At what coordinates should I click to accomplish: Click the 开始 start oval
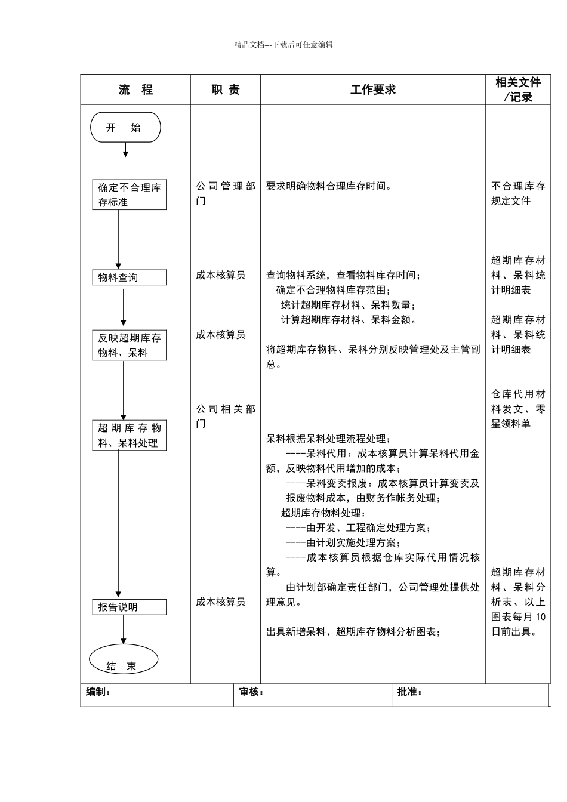pos(125,127)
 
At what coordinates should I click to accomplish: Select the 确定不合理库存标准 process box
pos(130,195)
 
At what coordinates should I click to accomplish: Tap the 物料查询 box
pos(130,277)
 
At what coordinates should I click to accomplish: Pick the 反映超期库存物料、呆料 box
pos(130,345)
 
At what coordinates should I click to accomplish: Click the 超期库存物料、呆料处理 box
pos(130,435)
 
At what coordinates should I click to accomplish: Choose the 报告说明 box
pos(130,607)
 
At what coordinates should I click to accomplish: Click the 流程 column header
pos(135,90)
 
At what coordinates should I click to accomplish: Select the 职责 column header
pos(226,90)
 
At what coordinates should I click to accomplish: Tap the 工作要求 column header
pos(373,90)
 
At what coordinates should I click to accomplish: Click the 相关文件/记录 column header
pos(518,90)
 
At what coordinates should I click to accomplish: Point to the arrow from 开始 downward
pos(125,150)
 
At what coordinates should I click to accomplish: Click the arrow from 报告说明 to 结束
pos(124,630)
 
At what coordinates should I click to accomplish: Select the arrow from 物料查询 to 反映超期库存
pos(124,307)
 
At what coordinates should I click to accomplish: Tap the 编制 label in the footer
pos(98,692)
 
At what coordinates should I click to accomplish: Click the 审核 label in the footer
pos(251,692)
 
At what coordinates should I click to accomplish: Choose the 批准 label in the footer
pos(410,692)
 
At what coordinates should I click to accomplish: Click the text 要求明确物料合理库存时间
pos(329,186)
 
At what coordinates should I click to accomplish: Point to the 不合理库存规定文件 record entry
pos(518,193)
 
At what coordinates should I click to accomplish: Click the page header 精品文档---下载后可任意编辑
pos(283,44)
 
